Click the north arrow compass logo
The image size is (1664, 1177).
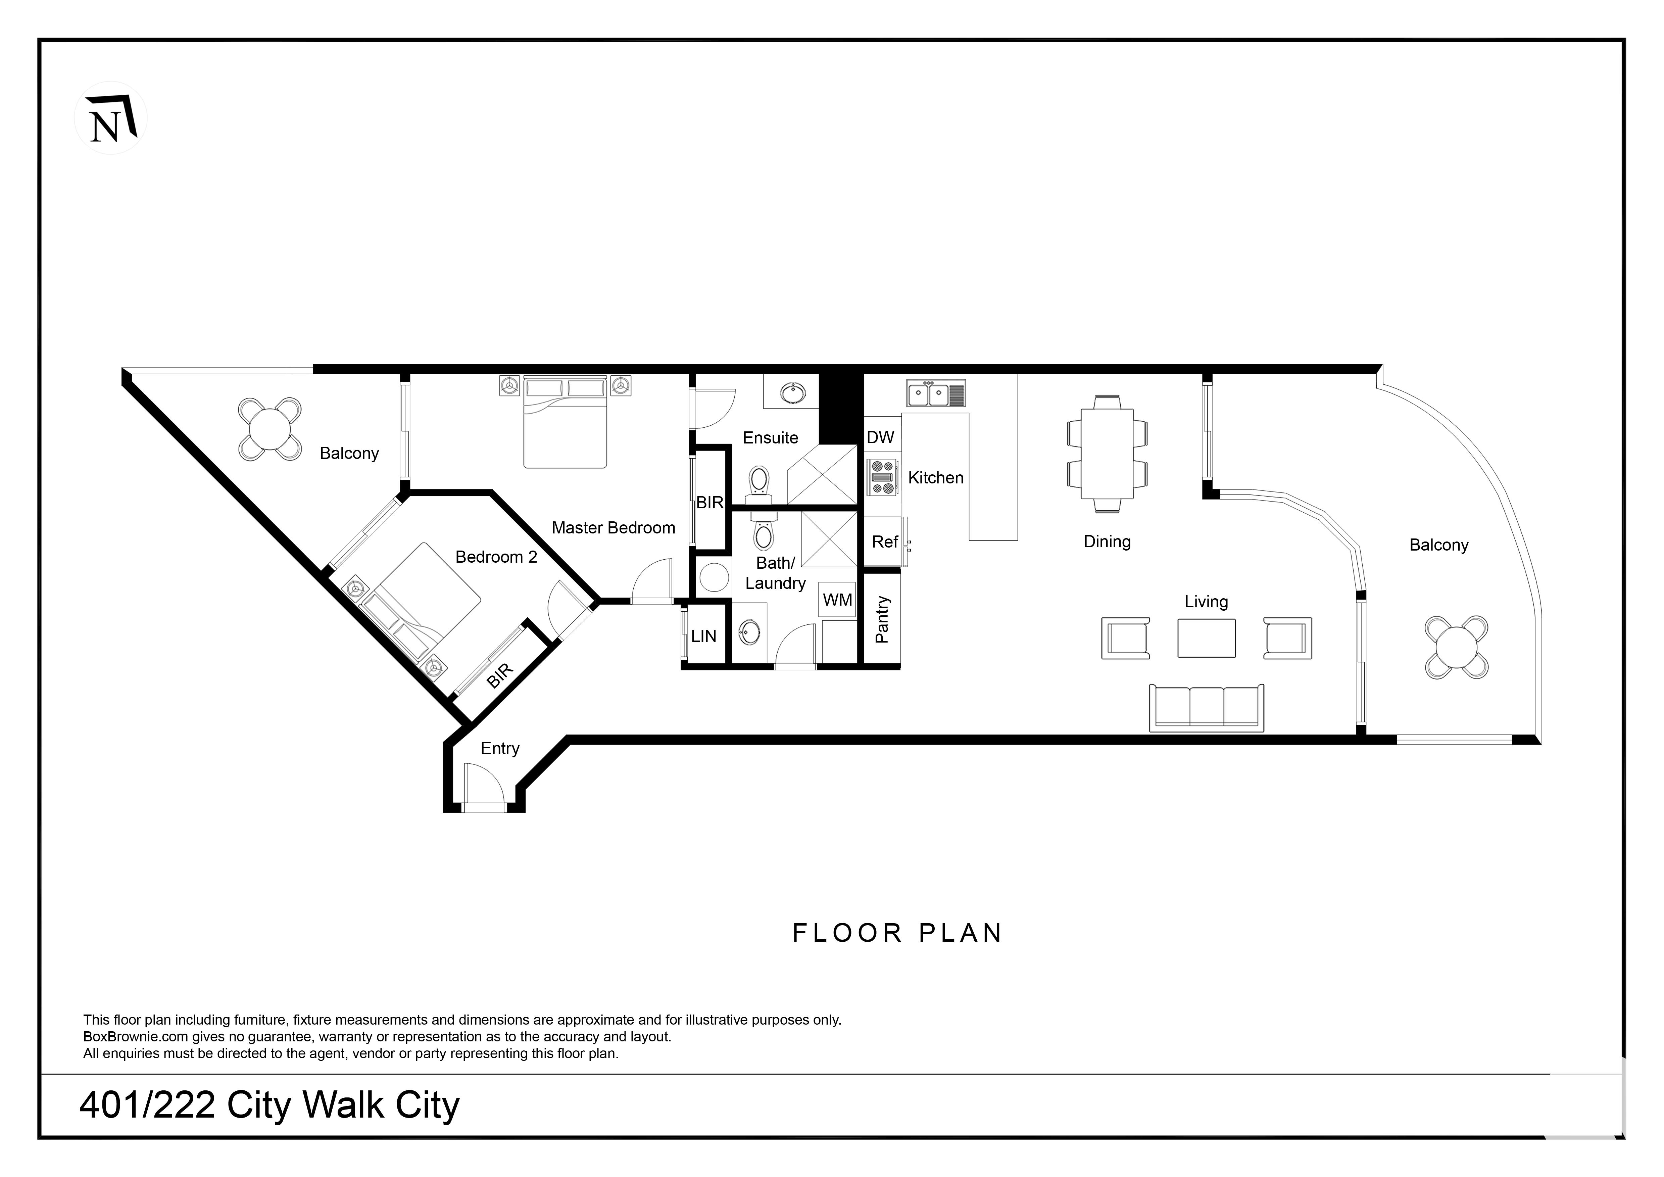111,117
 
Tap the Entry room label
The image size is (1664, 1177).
500,749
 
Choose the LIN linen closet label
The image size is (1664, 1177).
704,636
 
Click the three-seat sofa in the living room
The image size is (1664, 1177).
1207,707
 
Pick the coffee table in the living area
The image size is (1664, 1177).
1207,638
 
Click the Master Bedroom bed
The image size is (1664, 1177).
565,422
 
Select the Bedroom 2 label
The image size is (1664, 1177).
496,557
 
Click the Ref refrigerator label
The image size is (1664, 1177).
885,542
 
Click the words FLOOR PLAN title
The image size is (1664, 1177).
897,933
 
